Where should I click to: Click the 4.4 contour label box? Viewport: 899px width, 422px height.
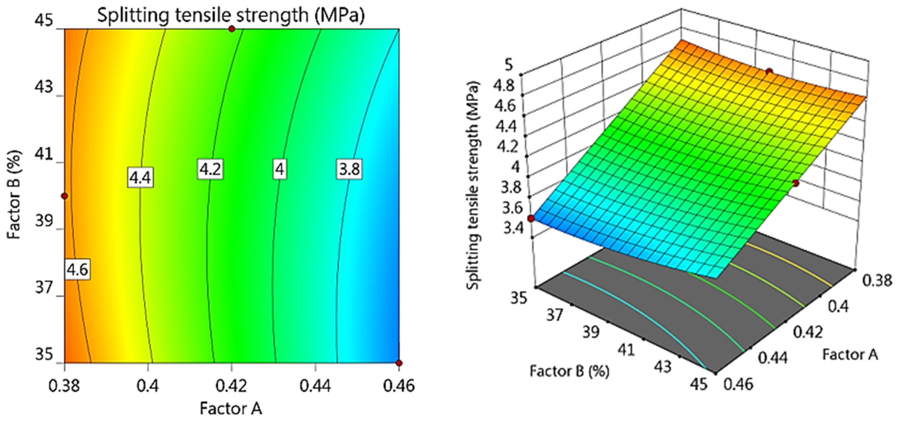[x=140, y=178]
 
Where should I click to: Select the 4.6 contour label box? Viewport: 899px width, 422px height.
[x=77, y=269]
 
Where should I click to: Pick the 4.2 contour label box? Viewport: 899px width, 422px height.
[x=210, y=169]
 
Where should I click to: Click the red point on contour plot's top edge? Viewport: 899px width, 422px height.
[x=232, y=29]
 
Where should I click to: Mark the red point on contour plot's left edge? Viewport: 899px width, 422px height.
[x=64, y=196]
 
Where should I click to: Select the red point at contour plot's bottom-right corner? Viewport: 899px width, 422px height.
[x=399, y=363]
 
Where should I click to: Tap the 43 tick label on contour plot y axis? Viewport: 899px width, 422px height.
[x=44, y=87]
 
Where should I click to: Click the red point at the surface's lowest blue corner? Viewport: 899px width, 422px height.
[x=531, y=219]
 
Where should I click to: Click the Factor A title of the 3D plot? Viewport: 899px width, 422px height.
[x=850, y=354]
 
